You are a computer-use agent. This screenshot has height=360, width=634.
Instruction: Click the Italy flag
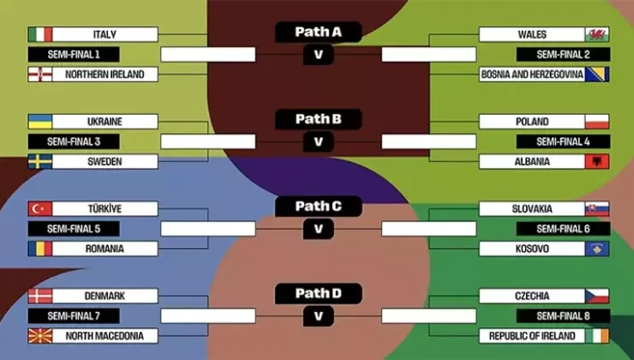coord(39,34)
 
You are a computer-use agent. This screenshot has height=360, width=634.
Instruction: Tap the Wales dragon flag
coord(597,34)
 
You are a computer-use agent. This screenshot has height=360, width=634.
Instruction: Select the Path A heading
coord(318,33)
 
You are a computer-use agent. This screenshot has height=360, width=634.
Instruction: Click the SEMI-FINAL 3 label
coord(74,141)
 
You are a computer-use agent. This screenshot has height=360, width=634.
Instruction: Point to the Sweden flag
coord(39,161)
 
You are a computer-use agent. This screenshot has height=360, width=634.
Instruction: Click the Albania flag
coord(597,161)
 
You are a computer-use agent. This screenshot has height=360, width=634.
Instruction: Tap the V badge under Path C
coord(318,229)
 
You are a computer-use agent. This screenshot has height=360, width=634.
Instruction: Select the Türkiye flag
coord(39,208)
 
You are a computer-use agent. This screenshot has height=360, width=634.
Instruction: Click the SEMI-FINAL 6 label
coord(563,229)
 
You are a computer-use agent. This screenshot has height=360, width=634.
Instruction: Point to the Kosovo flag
coord(597,249)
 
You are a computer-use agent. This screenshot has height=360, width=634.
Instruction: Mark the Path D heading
coord(318,294)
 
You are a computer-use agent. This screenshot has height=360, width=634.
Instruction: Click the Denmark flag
coord(39,296)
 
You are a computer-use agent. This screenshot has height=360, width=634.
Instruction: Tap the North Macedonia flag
coord(39,336)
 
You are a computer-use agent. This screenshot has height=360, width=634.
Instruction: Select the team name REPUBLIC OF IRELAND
coord(532,336)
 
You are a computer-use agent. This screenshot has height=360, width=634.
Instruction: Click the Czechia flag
coord(597,296)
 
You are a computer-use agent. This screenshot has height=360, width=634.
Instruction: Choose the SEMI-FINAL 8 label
coord(563,316)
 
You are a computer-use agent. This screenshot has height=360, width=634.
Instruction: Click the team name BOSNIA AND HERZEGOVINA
coord(532,75)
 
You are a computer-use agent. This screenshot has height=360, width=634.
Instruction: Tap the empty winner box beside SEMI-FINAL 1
coord(208,55)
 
